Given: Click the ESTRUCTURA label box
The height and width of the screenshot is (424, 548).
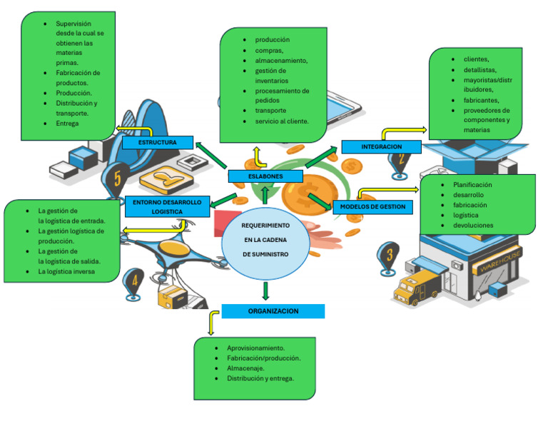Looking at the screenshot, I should click(x=158, y=143).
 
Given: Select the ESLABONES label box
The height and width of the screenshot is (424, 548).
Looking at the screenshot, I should click(x=265, y=176).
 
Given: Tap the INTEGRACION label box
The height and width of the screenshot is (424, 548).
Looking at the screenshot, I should click(x=381, y=147).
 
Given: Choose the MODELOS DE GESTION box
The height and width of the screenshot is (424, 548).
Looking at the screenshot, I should click(x=372, y=207).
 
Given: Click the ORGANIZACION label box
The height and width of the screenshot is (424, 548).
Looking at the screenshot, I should click(x=273, y=311).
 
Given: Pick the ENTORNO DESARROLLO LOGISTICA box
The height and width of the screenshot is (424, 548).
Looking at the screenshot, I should click(x=167, y=207).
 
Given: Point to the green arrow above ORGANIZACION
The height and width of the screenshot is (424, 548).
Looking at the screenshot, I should click(x=265, y=290).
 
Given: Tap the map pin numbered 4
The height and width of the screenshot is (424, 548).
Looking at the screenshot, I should click(x=134, y=281).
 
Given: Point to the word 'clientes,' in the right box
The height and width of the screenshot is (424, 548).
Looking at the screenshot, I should click(x=477, y=59).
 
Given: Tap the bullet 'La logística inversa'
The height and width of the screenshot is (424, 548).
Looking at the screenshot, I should click(x=66, y=271).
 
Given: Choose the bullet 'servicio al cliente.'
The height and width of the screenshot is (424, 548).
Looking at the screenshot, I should click(x=282, y=121).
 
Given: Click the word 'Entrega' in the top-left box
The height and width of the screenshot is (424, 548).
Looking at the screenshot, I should click(x=67, y=123).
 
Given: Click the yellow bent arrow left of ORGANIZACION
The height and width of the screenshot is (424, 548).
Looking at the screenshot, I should click(x=211, y=321).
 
